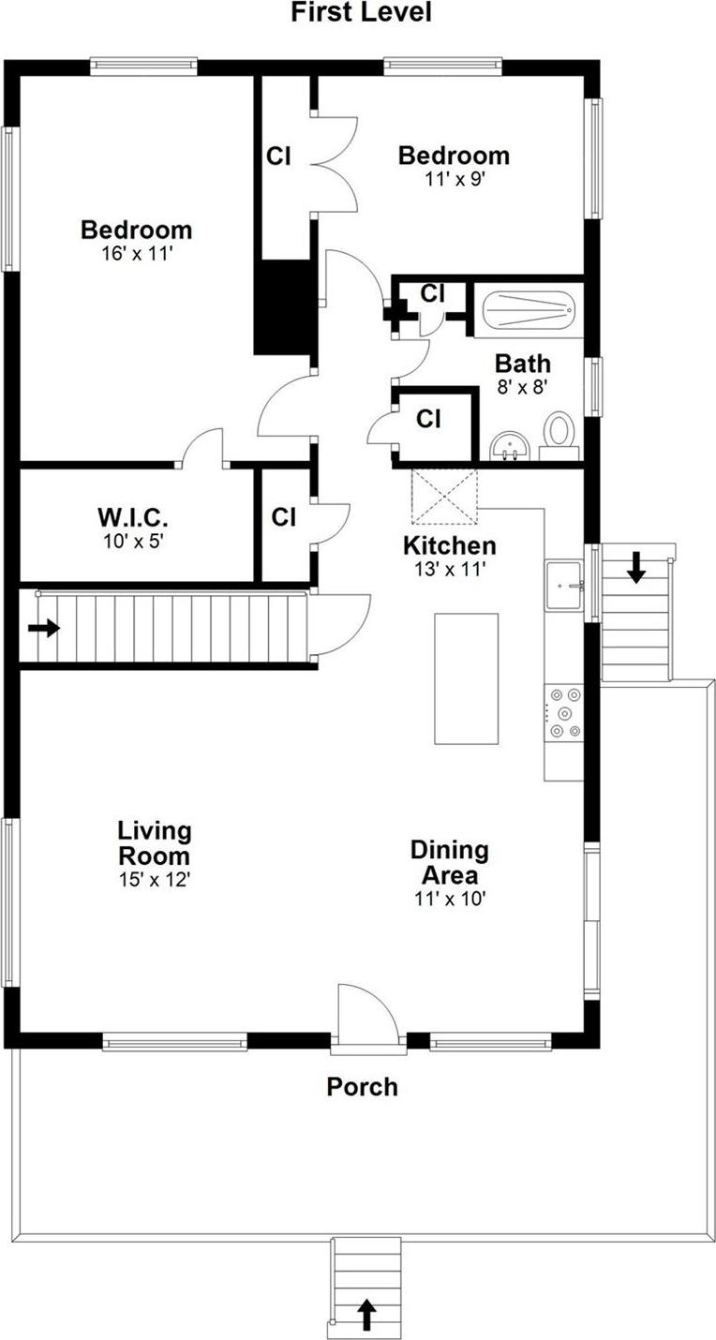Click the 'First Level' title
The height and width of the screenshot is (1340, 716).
click(361, 12)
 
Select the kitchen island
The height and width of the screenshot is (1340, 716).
click(466, 678)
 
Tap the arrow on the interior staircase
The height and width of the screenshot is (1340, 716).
click(43, 628)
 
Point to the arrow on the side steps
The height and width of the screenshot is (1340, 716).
click(635, 567)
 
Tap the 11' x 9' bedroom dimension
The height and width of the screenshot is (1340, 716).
click(454, 179)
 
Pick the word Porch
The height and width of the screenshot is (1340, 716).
click(362, 1087)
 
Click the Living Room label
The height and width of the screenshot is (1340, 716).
click(154, 842)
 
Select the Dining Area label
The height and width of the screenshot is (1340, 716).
click(449, 862)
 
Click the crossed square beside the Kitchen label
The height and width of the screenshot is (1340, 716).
click(444, 498)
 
